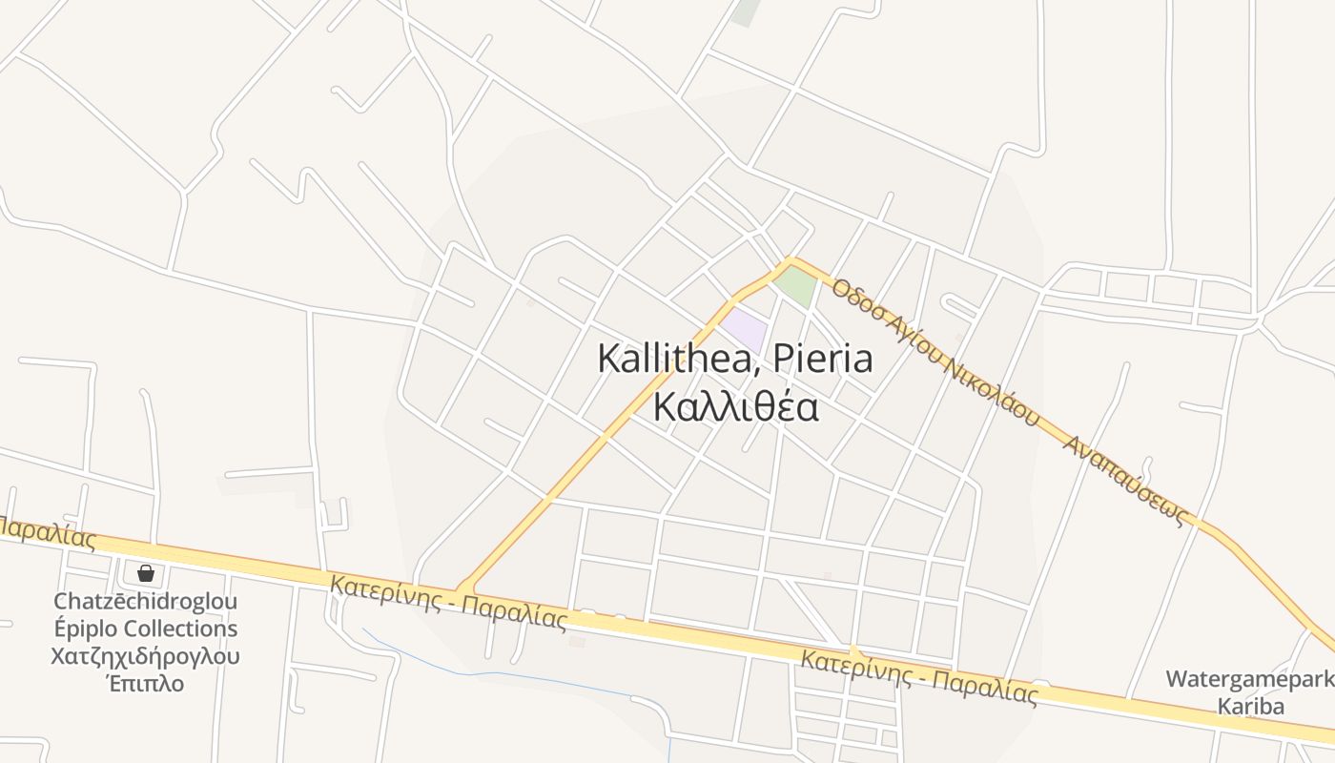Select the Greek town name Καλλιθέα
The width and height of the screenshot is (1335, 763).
735,406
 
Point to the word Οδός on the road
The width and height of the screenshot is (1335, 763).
852,298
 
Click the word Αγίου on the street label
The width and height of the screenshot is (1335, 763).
912,337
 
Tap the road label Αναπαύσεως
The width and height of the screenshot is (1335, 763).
1131,482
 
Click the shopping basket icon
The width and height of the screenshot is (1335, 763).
146,573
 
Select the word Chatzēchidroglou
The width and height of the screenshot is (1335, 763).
145,602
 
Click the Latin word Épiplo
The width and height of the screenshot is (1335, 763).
91,629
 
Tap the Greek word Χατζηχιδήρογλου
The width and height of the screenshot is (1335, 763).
145,657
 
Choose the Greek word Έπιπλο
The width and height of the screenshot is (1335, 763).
145,684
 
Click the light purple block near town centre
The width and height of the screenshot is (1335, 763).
745,329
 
